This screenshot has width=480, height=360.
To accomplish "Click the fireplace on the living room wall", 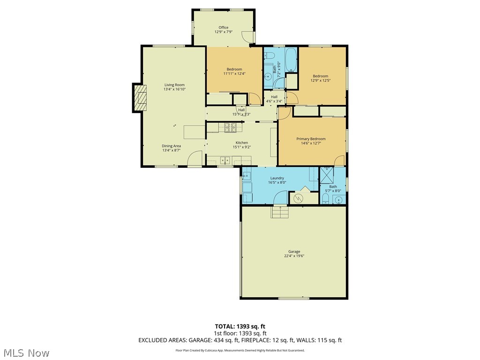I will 139,98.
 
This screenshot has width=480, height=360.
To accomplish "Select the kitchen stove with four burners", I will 231,126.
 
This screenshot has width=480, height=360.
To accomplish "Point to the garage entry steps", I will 279,212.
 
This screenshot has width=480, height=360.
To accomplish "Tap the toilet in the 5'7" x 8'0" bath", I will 325,200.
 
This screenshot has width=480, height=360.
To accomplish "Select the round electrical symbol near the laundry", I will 297,198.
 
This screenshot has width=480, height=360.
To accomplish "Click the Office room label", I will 224,28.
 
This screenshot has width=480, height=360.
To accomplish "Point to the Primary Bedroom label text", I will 311,139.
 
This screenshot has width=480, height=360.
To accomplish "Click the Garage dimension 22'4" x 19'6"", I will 294,256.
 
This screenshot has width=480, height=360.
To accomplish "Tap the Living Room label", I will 174,85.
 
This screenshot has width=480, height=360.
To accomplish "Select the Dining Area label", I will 172,146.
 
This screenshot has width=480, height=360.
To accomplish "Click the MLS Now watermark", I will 26,352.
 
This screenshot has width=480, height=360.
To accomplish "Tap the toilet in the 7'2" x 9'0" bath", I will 270,56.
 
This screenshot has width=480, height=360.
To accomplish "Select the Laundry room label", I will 277,178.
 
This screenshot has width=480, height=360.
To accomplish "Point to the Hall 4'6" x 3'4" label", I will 274,97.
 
